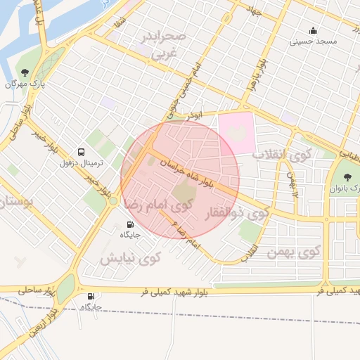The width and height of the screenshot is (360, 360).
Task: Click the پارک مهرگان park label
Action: (25, 84)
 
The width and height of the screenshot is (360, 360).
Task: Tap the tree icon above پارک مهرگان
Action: (25, 72)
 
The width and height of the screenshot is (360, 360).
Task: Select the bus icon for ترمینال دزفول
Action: (81, 151)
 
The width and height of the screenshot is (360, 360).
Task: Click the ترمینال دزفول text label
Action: (82, 162)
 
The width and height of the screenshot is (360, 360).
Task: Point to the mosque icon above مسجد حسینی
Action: (313, 31)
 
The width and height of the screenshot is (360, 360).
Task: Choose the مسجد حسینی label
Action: (314, 41)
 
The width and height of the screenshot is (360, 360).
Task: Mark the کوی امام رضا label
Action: (158, 205)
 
